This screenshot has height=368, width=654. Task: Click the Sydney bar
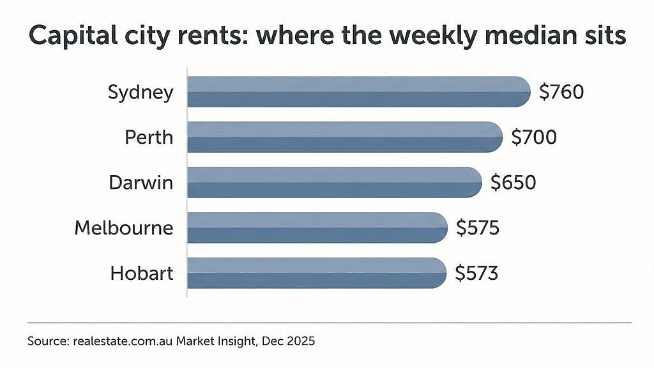click(x=359, y=92)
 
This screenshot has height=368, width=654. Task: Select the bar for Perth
click(x=345, y=137)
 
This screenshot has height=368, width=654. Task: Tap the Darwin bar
click(x=335, y=182)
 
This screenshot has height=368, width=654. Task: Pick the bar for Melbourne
click(x=317, y=228)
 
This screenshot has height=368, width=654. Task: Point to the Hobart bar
click(x=317, y=273)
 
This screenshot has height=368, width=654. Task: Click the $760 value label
click(x=561, y=92)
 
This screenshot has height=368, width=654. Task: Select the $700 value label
click(x=535, y=137)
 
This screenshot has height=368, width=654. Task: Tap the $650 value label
click(x=513, y=183)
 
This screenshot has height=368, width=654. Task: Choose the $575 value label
click(x=478, y=228)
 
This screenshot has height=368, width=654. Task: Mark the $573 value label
click(x=476, y=273)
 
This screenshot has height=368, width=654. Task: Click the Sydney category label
click(x=141, y=93)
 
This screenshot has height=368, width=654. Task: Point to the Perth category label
click(x=149, y=137)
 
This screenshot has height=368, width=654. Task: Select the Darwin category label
click(x=141, y=183)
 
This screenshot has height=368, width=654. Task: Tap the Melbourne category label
click(x=124, y=228)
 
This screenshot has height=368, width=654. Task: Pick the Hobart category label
click(x=142, y=273)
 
